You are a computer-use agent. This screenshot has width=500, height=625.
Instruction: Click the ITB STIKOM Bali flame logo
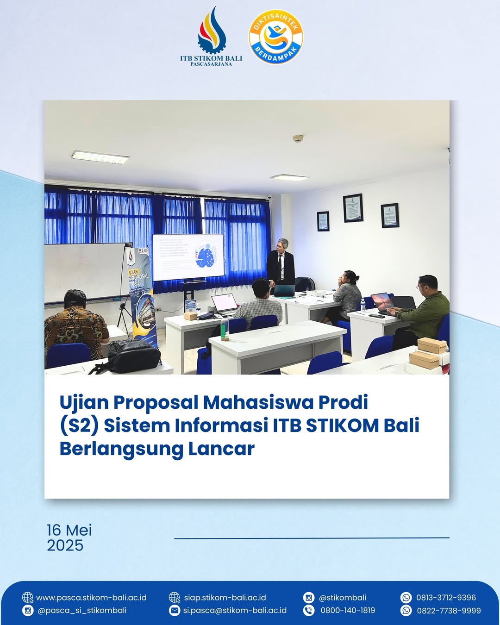[x=212, y=31]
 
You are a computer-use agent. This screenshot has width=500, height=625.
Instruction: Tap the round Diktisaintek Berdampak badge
[x=276, y=37]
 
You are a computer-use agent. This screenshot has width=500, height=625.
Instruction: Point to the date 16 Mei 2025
[x=69, y=537]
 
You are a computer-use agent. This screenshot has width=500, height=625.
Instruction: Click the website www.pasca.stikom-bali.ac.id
[x=91, y=598]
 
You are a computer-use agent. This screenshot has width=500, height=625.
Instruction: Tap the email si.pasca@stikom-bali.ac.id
[x=235, y=611]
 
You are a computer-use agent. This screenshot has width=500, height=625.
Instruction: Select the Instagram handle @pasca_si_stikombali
[x=82, y=611]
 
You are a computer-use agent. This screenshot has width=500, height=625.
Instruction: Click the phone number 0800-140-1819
[x=348, y=611]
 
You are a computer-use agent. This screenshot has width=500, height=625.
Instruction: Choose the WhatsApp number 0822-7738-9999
[x=449, y=611]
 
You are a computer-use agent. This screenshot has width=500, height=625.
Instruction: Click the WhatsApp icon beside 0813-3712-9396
[x=406, y=598]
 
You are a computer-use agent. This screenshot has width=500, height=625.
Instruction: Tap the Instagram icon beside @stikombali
[x=309, y=598]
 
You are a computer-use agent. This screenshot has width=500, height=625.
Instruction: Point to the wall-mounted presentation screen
[x=188, y=257]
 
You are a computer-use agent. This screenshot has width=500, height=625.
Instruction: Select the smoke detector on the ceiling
[x=298, y=138]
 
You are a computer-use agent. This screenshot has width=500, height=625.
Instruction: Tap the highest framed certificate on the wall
[x=353, y=208]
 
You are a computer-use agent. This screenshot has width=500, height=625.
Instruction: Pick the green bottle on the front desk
[x=225, y=329]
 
